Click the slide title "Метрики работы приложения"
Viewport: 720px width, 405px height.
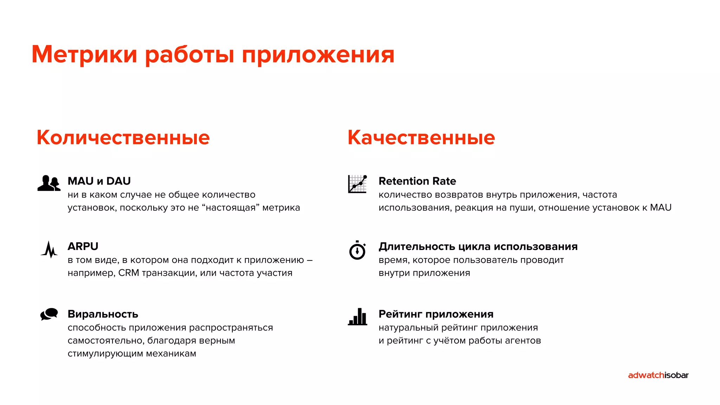pos(213,55)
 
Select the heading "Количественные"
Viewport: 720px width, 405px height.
pos(123,137)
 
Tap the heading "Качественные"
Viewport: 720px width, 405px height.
pos(421,137)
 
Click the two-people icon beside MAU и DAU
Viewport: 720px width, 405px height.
pos(49,183)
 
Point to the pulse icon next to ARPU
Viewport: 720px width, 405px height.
pos(49,249)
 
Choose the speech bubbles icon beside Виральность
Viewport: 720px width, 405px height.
pos(49,314)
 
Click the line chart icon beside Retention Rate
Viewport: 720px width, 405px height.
pos(358,184)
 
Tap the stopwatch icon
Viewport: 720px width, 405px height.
pos(358,250)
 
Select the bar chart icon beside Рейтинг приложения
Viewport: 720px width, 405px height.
pos(358,317)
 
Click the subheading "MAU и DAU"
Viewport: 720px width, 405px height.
pos(99,181)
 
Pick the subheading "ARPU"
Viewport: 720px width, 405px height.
pos(83,246)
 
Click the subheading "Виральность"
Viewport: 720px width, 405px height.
pos(103,314)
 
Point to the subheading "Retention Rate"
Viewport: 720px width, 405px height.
pos(417,181)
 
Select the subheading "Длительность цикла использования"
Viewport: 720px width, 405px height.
pos(478,246)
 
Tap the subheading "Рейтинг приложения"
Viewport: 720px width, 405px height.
pos(436,314)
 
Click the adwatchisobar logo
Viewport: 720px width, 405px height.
pos(658,375)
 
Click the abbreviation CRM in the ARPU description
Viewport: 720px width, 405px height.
pos(129,273)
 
